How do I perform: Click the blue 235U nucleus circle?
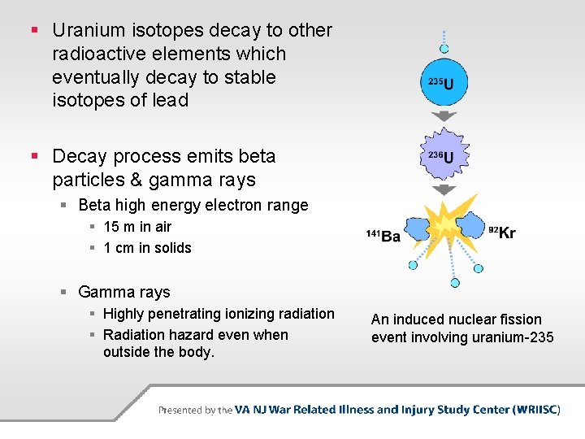click(x=444, y=82)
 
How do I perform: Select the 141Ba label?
click(x=383, y=236)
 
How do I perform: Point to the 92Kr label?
click(x=502, y=233)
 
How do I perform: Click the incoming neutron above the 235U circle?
click(x=444, y=37)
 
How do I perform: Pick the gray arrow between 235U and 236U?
click(x=444, y=116)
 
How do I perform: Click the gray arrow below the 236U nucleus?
click(x=444, y=189)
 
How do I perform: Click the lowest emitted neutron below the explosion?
click(x=454, y=283)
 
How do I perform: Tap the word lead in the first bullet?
click(x=171, y=100)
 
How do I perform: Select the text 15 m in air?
click(x=137, y=227)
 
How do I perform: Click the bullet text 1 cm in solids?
click(x=147, y=248)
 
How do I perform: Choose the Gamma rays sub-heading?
click(x=123, y=292)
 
